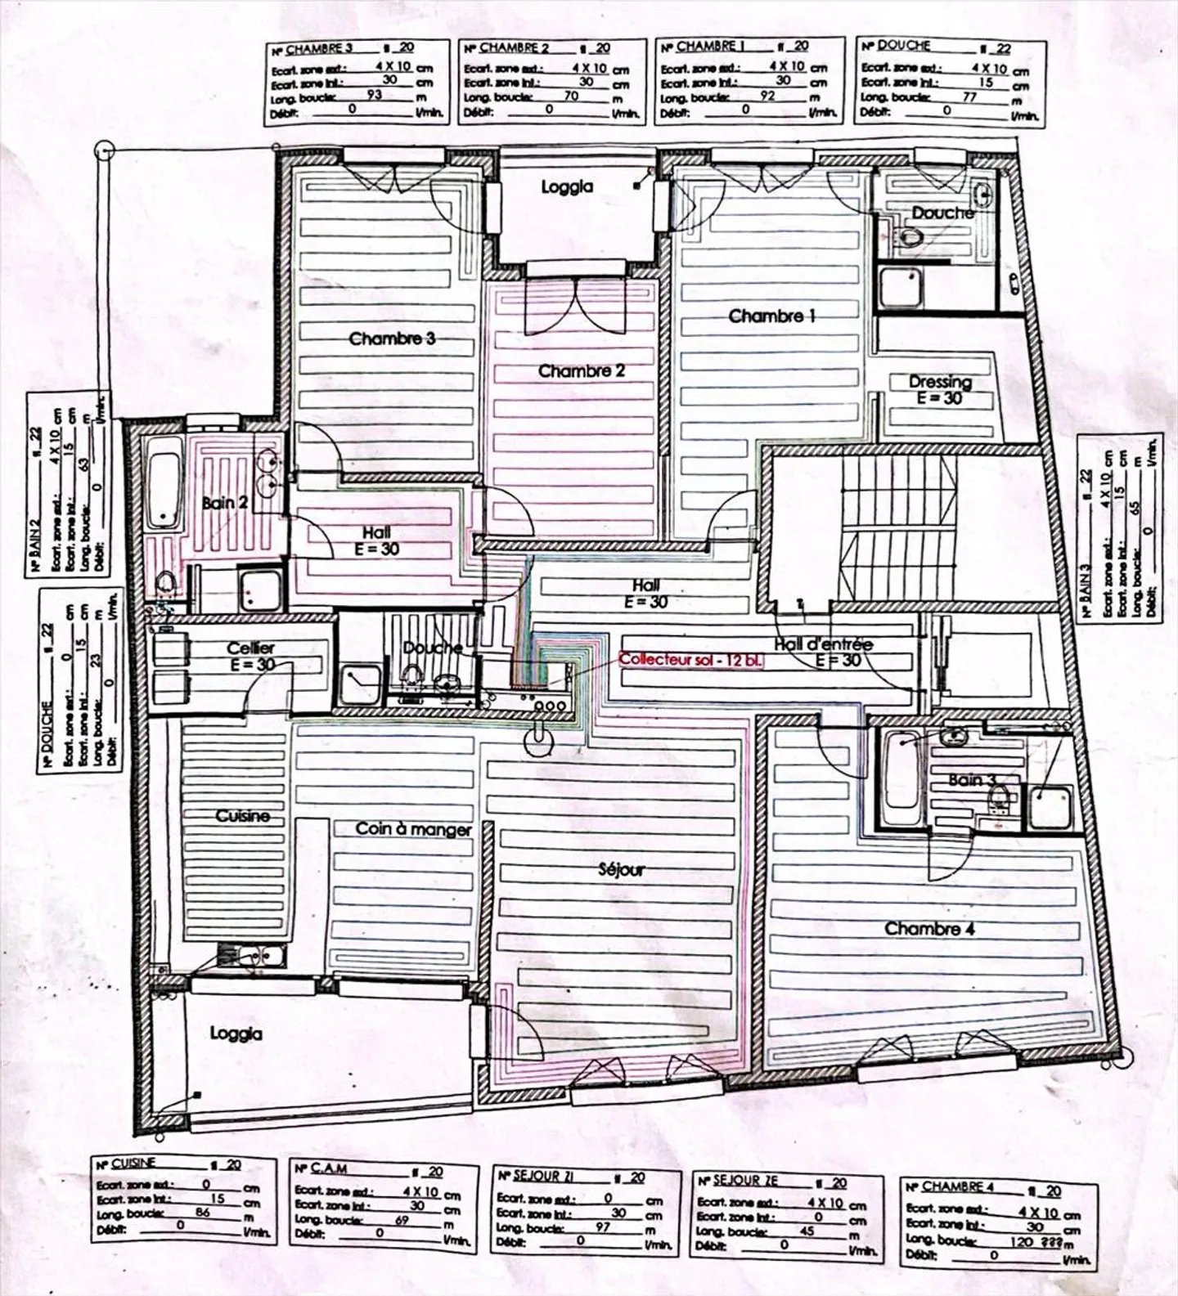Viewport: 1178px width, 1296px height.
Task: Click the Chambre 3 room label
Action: click(392, 339)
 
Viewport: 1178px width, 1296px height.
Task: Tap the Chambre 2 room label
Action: click(581, 371)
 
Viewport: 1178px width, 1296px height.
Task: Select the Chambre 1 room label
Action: click(771, 316)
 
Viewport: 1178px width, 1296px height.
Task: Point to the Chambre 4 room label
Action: click(928, 929)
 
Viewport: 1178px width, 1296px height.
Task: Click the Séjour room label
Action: click(621, 869)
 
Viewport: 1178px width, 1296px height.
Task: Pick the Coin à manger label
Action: click(413, 829)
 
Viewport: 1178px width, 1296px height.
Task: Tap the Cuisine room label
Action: click(242, 816)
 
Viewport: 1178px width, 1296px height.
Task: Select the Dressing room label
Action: click(940, 382)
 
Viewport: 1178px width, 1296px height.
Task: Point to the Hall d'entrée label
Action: click(823, 644)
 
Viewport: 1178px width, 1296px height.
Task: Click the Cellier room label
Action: click(250, 648)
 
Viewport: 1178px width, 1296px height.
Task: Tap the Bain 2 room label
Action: click(225, 503)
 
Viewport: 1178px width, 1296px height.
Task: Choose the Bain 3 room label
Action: click(972, 780)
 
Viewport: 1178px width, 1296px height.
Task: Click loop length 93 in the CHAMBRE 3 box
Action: click(374, 95)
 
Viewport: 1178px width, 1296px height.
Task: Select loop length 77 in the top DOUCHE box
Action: click(969, 96)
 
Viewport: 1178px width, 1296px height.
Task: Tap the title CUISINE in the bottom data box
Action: click(133, 1163)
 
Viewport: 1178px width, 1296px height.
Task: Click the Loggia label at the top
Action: click(567, 187)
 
